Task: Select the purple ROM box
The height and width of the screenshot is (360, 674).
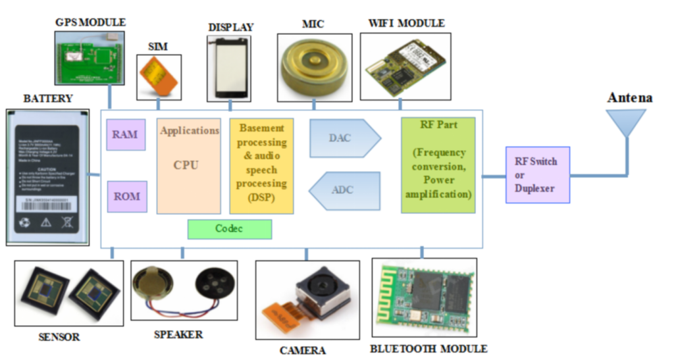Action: [127, 196]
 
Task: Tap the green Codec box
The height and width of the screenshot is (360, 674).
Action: [229, 228]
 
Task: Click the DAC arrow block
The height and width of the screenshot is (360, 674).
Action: [344, 138]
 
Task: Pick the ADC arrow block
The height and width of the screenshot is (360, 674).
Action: [346, 190]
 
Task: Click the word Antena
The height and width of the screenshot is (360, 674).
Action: [629, 98]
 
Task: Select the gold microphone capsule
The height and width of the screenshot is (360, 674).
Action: [313, 64]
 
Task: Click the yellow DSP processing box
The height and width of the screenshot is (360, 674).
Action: [261, 165]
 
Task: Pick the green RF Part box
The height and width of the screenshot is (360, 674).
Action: [438, 165]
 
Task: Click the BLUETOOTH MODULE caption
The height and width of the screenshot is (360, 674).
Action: [428, 348]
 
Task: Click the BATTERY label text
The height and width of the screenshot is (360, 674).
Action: [48, 99]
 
